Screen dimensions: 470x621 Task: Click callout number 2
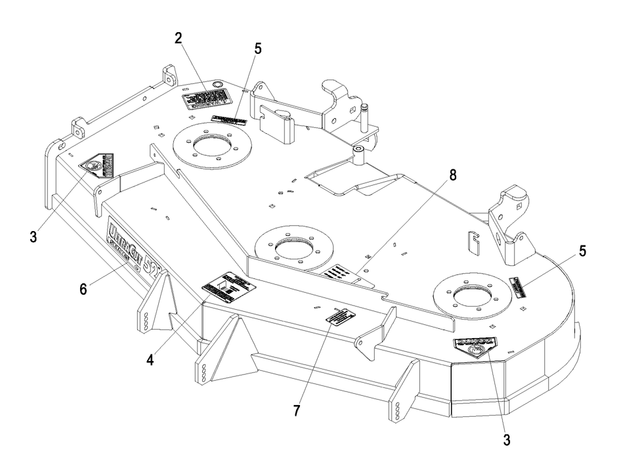click(x=178, y=37)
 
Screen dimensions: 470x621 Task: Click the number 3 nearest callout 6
click(x=33, y=234)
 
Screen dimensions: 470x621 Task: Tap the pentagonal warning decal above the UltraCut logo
click(x=96, y=165)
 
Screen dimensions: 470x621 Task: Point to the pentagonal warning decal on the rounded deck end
click(x=474, y=348)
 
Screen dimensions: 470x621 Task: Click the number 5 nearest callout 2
click(x=257, y=49)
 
